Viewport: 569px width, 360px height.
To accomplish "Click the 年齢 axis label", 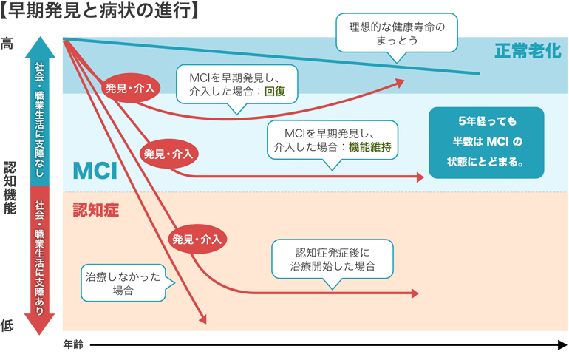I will coord(72,344).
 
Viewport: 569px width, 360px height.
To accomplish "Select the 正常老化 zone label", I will coord(528,51).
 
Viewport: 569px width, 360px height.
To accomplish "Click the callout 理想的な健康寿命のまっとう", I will coord(397,33).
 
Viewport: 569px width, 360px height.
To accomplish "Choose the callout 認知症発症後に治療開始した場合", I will coord(333,258).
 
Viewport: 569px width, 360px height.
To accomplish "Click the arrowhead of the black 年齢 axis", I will coord(560,344).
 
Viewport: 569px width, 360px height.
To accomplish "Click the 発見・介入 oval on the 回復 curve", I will coord(130,88).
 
